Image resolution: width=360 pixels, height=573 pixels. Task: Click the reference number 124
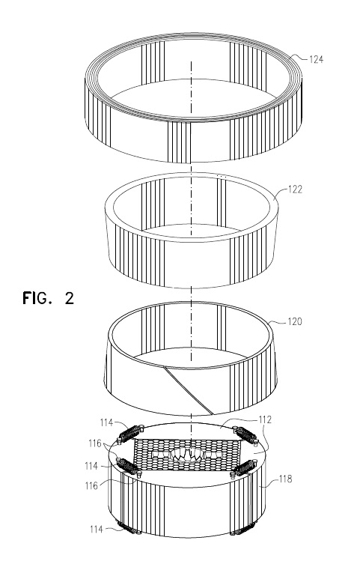pos(316,59)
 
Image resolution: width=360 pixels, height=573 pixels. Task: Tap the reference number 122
pos(295,190)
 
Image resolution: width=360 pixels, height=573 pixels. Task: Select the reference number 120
pos(295,321)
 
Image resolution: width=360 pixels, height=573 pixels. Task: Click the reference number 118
pos(285,479)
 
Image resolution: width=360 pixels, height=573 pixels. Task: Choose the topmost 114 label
pos(106,422)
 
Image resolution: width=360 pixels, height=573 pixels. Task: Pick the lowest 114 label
pos(97,529)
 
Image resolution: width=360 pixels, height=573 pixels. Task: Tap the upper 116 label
pos(95,443)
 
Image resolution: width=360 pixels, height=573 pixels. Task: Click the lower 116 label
pos(91,485)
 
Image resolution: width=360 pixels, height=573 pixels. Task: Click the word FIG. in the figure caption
pos(35,298)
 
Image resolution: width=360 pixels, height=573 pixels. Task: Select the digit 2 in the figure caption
pos(70,298)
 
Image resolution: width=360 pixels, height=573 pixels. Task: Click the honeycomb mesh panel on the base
pos(187,455)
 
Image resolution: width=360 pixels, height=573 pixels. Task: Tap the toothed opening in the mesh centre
pos(186,455)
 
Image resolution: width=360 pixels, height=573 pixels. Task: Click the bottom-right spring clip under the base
pos(242,530)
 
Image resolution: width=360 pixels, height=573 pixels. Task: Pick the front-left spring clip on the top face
pos(128,467)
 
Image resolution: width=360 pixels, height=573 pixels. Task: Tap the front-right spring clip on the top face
pos(244,467)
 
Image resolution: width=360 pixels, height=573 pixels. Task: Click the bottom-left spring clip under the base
pos(127,528)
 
